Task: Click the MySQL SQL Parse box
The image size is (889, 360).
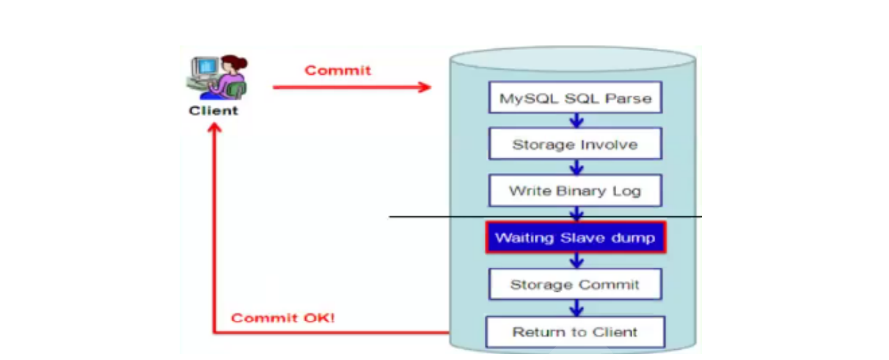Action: click(575, 98)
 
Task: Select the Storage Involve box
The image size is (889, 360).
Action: click(575, 144)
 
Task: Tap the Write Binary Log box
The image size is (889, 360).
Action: click(575, 191)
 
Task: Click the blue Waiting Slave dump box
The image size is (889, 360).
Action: click(575, 238)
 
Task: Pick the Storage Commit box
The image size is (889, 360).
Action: click(575, 284)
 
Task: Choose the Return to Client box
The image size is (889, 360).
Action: click(575, 331)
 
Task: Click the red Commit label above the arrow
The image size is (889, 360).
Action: click(337, 70)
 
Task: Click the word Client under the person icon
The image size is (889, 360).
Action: click(213, 111)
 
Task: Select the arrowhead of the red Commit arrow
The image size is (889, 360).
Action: click(425, 87)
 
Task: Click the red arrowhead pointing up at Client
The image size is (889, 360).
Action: click(213, 128)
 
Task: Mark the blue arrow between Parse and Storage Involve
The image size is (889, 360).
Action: click(577, 120)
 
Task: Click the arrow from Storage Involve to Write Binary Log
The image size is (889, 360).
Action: click(577, 166)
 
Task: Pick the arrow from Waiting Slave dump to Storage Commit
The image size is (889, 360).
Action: click(577, 260)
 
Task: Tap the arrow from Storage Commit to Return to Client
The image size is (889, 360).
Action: click(577, 307)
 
